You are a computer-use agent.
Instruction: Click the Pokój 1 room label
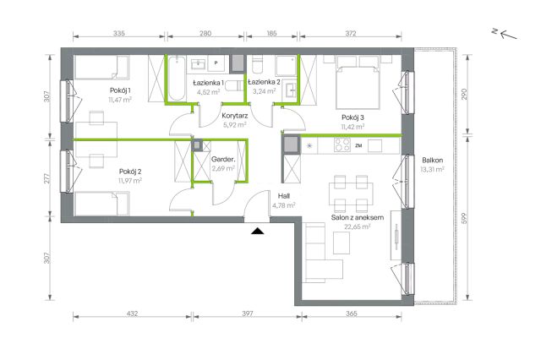120,90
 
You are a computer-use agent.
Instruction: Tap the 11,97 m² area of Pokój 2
130,180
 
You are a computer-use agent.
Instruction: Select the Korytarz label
235,116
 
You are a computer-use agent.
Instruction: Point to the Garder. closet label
223,160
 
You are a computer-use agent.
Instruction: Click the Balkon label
432,160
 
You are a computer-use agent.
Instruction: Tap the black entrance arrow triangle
257,231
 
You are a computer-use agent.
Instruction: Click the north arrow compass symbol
505,34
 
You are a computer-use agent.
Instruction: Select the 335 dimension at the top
118,34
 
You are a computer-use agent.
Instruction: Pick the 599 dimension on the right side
464,218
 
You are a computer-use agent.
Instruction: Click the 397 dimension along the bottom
248,314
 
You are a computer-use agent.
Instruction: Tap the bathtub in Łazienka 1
177,79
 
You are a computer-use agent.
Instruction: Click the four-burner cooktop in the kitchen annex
342,145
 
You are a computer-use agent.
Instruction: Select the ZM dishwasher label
358,145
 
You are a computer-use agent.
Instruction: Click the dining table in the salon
351,194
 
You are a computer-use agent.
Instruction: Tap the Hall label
284,196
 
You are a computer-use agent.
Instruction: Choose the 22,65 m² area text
358,226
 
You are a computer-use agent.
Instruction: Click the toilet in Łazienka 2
257,64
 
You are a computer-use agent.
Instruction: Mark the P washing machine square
216,63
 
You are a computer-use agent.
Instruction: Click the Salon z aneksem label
358,217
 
